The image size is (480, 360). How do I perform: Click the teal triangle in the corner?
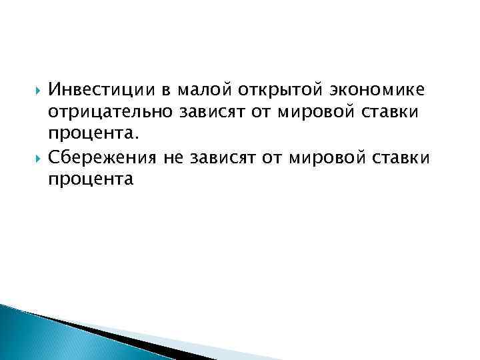[40, 333]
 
